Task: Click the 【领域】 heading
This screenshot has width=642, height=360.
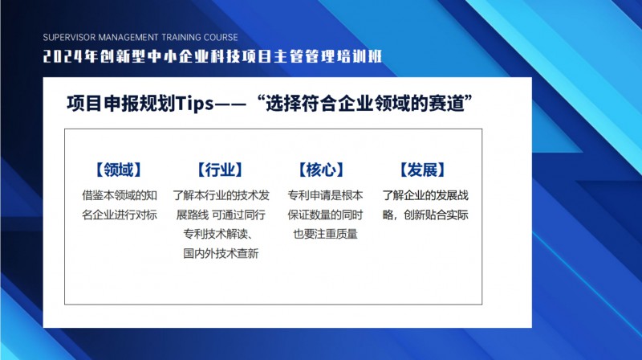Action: (119, 170)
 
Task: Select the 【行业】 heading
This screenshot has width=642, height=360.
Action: (220, 170)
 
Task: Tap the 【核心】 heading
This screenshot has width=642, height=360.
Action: (322, 170)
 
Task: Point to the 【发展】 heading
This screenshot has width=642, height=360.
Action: (423, 170)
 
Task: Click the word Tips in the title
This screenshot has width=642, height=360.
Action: (194, 103)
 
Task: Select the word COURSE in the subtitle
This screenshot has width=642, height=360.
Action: (221, 37)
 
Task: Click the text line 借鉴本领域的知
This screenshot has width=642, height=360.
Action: (120, 195)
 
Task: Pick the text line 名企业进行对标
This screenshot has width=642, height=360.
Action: (120, 215)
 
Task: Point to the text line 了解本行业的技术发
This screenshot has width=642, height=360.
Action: (221, 195)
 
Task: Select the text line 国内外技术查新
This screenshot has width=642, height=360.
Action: (221, 253)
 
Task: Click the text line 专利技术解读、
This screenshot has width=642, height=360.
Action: (217, 234)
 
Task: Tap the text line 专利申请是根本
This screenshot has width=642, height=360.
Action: (325, 195)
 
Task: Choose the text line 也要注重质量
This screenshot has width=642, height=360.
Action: (325, 234)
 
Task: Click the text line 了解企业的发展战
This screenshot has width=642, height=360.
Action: (425, 195)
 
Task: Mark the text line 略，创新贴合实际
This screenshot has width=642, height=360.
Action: (425, 215)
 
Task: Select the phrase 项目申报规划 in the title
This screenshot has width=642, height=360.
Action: (121, 103)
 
